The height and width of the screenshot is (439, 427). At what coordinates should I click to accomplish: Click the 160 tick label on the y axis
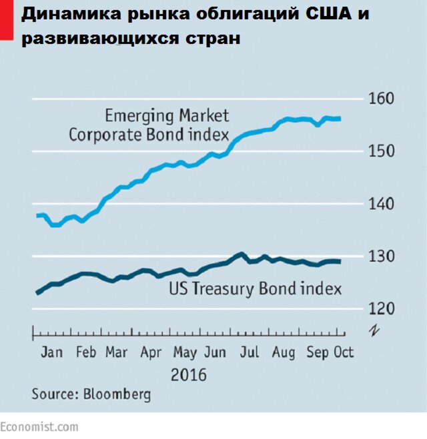[x=382, y=99]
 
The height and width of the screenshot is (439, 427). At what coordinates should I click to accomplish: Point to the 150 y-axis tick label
[x=382, y=151]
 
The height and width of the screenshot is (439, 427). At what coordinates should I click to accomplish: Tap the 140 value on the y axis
[x=382, y=204]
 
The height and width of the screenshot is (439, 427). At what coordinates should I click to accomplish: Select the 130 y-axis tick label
[x=382, y=256]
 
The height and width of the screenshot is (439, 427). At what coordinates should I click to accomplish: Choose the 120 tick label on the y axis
[x=382, y=308]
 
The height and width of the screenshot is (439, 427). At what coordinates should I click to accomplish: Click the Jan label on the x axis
[x=51, y=352]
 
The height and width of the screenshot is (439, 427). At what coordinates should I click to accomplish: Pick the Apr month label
[x=150, y=352]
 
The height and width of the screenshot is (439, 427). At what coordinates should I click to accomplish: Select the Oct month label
[x=344, y=352]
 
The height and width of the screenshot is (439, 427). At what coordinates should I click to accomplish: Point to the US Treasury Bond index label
[x=255, y=289]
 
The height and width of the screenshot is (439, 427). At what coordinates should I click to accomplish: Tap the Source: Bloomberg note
[x=91, y=394]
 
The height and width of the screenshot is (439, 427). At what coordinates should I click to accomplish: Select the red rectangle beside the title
[x=5, y=18]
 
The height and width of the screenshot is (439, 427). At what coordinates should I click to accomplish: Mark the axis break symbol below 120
[x=372, y=329]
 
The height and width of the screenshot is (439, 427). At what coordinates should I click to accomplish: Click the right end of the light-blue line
[x=340, y=119]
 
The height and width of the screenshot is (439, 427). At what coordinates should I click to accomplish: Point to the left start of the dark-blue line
[x=37, y=293]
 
